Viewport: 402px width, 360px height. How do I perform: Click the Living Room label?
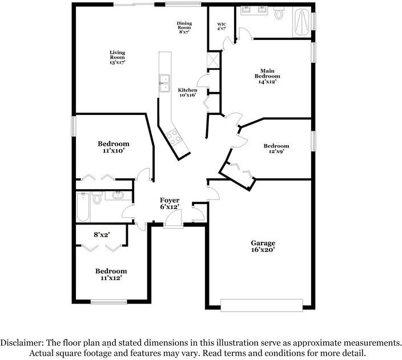[x=118, y=57]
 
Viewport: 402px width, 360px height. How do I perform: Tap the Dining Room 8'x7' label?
[x=184, y=27]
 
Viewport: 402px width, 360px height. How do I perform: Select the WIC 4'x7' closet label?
[x=222, y=27]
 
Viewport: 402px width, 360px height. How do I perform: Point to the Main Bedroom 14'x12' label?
[x=267, y=76]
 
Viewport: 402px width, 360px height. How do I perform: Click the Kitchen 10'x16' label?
[x=187, y=93]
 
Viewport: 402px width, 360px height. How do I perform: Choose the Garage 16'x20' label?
[x=263, y=246]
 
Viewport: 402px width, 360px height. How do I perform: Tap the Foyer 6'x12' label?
[x=170, y=203]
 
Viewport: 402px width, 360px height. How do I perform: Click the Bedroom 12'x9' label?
[x=276, y=149]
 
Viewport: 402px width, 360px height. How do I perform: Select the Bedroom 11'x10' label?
[x=113, y=147]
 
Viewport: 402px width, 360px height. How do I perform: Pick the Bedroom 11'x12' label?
[x=111, y=274]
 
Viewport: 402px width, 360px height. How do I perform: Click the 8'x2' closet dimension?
[x=102, y=234]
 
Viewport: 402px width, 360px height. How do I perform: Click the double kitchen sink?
[x=164, y=83]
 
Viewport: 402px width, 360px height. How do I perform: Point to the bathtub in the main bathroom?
[x=301, y=22]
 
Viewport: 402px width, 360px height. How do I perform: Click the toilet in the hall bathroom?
[x=97, y=198]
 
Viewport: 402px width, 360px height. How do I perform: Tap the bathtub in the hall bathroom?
[x=83, y=207]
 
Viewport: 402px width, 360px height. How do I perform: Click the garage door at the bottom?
[x=262, y=305]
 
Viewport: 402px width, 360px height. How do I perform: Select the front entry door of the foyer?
[x=174, y=219]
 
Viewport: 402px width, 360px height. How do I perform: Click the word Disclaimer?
[x=21, y=342]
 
